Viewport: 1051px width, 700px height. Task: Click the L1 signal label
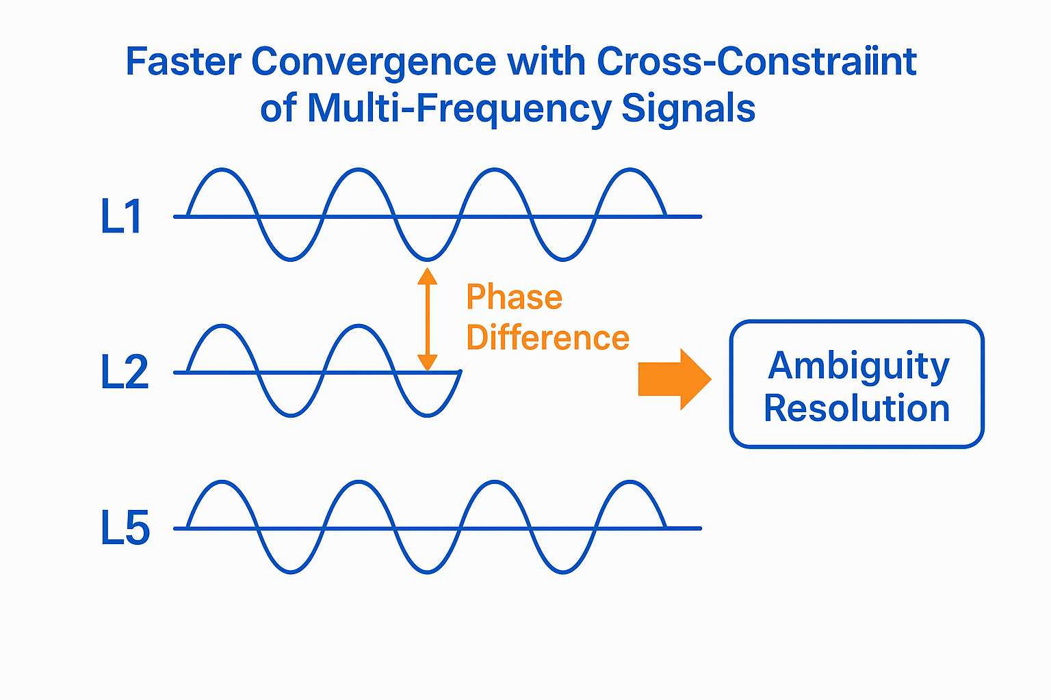click(121, 217)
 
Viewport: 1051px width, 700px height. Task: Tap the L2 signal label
click(124, 373)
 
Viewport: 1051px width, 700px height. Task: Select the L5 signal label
click(125, 528)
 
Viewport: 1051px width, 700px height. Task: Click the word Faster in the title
click(183, 62)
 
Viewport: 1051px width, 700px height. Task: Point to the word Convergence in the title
click(373, 62)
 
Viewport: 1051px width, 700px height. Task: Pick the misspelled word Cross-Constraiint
click(756, 62)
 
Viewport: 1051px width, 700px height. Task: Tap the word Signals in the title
click(688, 109)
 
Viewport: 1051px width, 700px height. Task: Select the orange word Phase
click(514, 297)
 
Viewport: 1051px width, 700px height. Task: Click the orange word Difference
click(547, 338)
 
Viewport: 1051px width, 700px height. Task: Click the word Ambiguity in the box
click(859, 367)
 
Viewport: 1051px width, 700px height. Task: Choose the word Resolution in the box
click(857, 409)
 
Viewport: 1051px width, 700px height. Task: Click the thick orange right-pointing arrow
click(674, 379)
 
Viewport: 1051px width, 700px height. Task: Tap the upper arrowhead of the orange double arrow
click(428, 275)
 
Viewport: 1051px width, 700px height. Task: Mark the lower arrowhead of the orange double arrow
click(428, 362)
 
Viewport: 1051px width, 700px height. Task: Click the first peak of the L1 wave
click(222, 170)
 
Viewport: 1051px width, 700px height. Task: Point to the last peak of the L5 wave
click(630, 483)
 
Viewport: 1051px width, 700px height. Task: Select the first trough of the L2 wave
click(291, 415)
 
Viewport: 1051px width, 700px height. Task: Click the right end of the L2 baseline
click(459, 373)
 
